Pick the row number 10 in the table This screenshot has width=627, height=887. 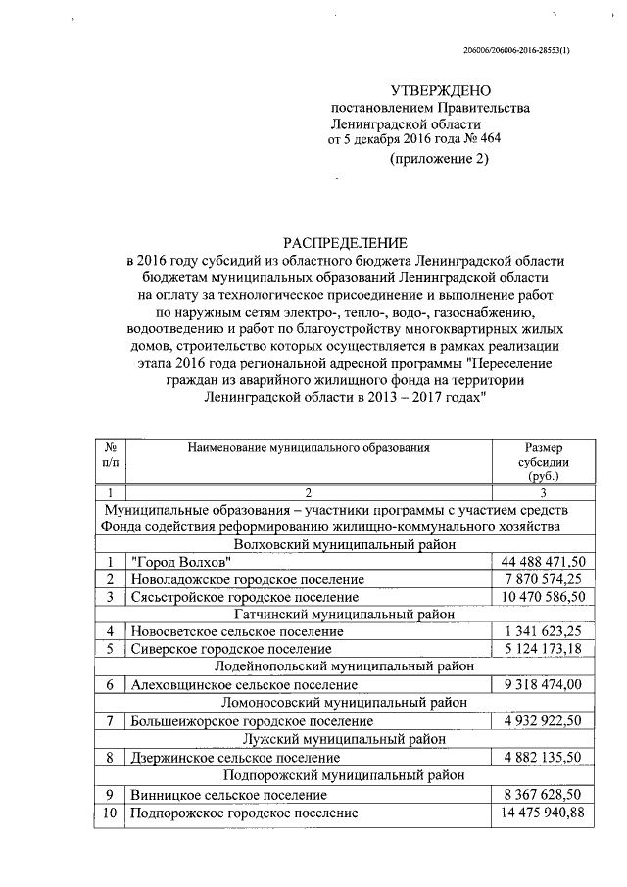click(110, 813)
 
